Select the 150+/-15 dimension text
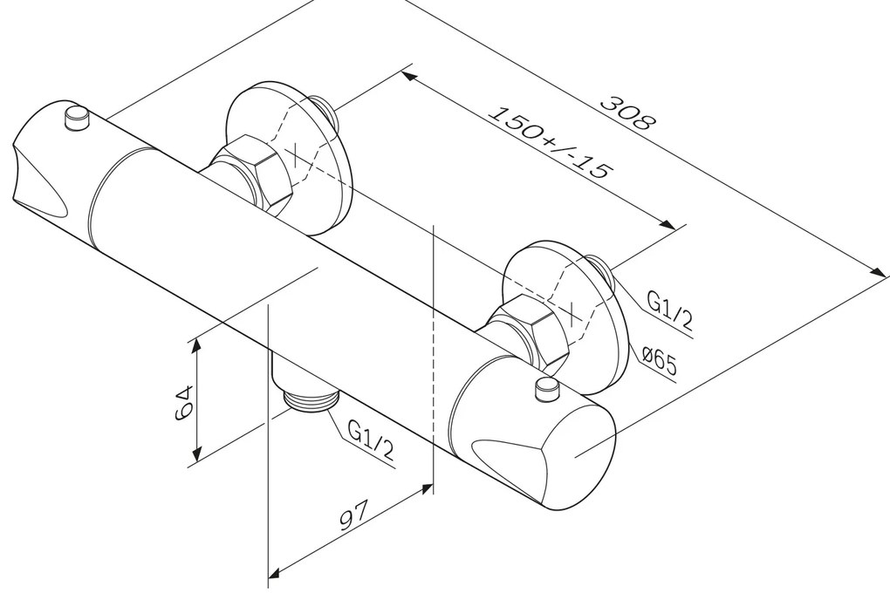point(550,142)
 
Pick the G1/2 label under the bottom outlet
point(371,440)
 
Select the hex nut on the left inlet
point(253,173)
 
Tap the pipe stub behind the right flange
point(603,271)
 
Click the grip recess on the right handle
point(510,454)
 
